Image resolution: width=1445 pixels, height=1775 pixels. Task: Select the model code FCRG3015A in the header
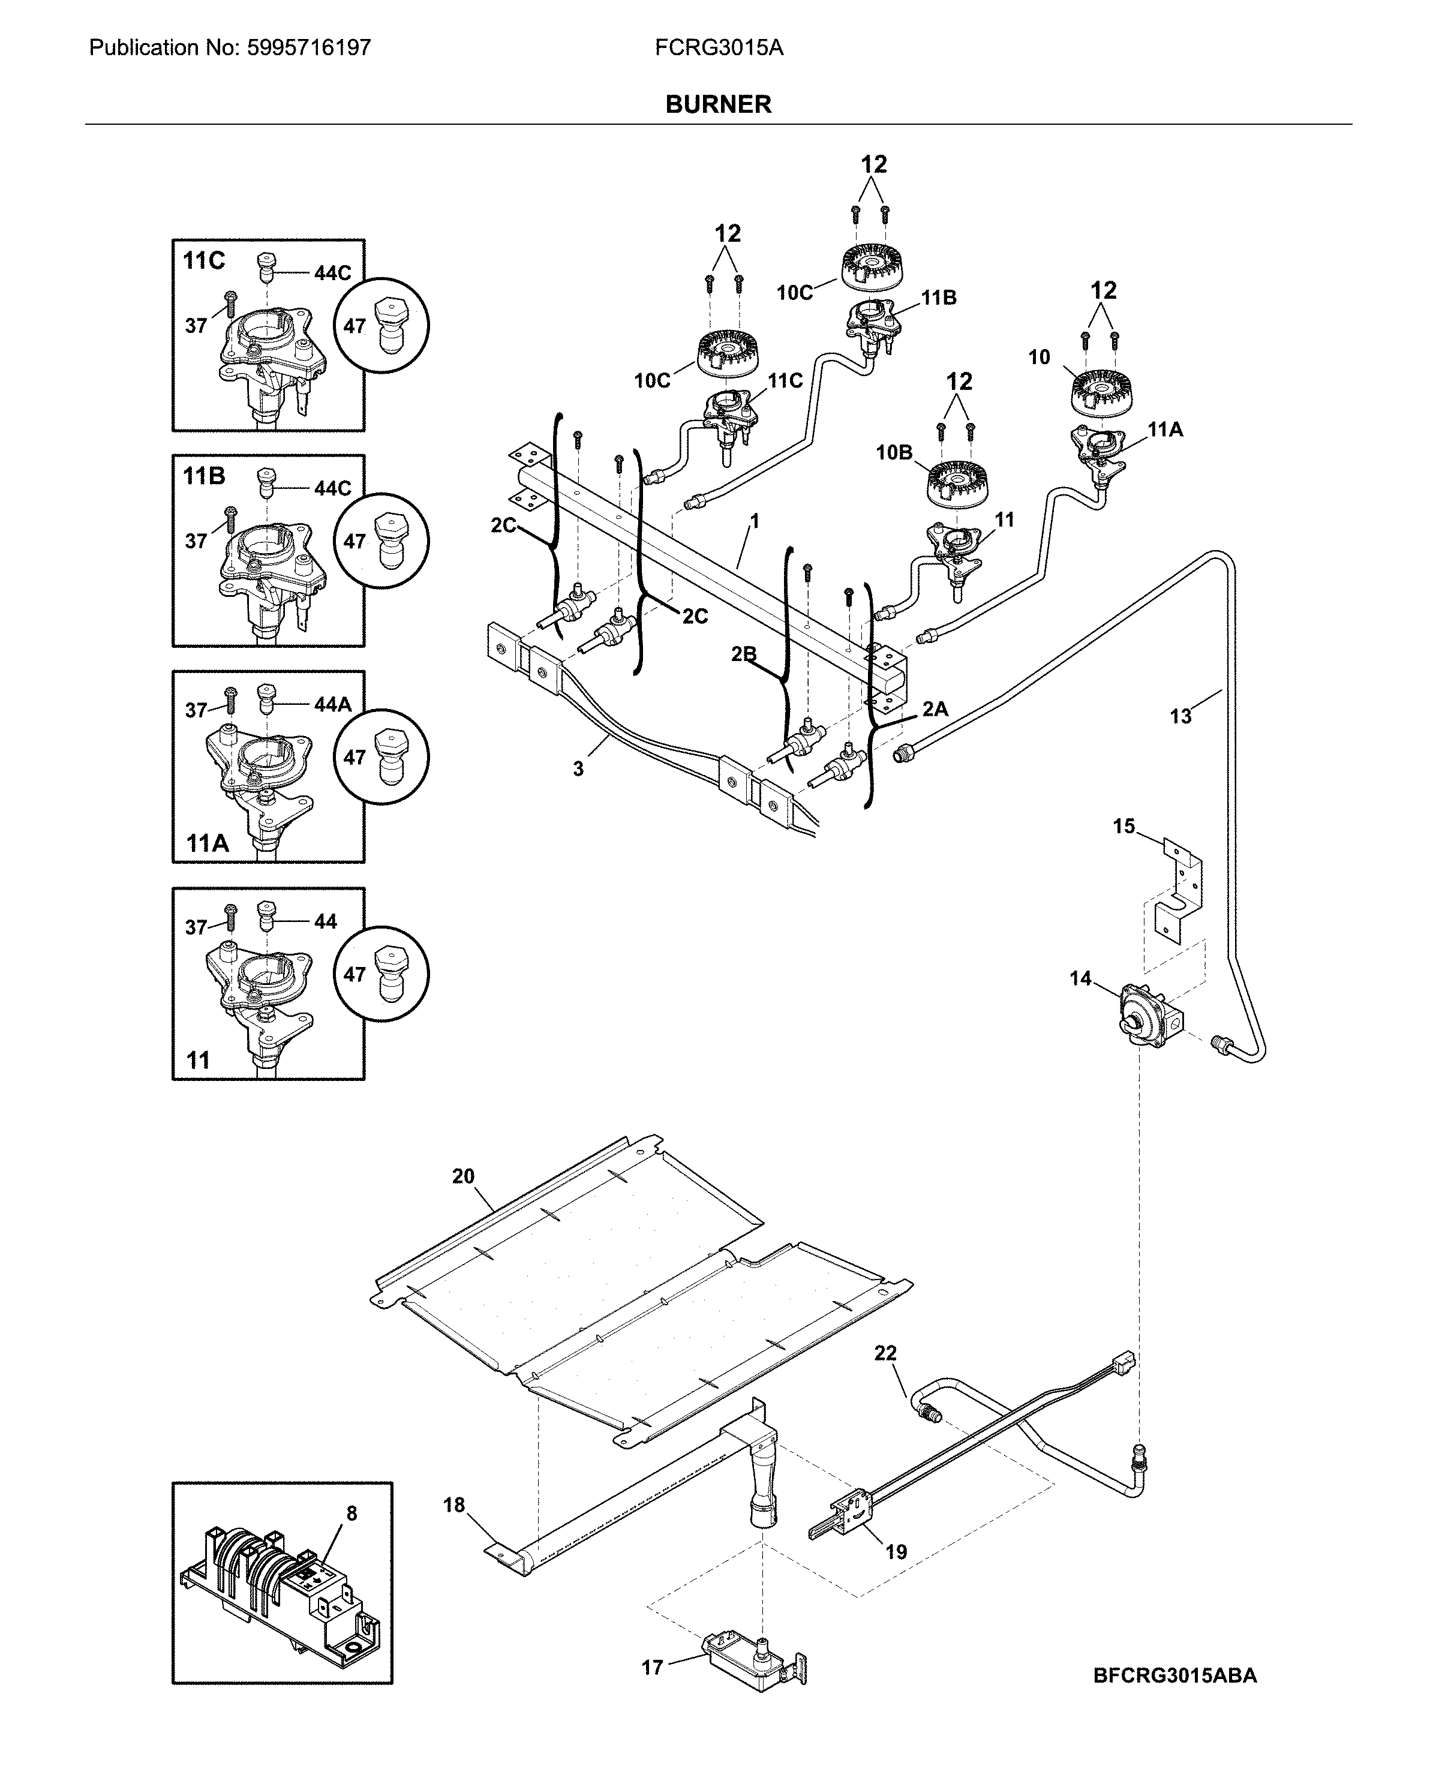click(719, 47)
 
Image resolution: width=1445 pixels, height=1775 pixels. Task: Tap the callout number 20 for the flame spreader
click(463, 1176)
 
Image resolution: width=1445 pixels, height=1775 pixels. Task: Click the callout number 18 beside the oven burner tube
click(453, 1505)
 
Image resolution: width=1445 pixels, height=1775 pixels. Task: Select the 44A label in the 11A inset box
click(333, 704)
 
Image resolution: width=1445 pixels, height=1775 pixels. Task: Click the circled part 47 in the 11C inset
click(382, 326)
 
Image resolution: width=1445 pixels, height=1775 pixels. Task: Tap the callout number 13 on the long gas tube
click(1180, 716)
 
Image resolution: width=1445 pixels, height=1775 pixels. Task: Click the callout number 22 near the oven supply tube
click(885, 1353)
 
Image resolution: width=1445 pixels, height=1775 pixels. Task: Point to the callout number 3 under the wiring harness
click(578, 769)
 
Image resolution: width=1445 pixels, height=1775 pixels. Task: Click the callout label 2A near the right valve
click(935, 708)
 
